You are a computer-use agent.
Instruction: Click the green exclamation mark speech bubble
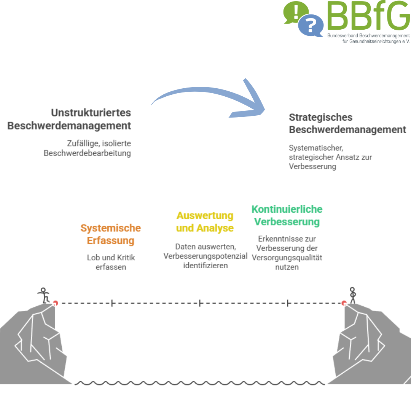tap(295, 12)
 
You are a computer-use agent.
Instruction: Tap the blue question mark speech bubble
tap(311, 25)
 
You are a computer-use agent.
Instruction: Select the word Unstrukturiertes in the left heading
tap(91, 113)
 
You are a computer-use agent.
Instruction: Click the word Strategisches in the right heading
tap(320, 118)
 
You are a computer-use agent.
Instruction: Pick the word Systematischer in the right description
tap(316, 148)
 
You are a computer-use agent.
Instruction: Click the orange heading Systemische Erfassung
tap(111, 234)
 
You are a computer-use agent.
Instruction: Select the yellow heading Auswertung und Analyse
tap(205, 222)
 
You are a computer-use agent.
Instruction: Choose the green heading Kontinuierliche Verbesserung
tap(287, 215)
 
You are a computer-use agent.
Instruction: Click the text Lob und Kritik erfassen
tap(111, 262)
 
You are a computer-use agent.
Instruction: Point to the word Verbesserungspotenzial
tap(205, 256)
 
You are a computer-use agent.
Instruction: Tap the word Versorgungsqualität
tap(287, 258)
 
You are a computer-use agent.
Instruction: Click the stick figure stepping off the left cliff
tap(43, 295)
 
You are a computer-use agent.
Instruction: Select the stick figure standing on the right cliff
tap(352, 295)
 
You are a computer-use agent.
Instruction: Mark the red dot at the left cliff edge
tap(55, 303)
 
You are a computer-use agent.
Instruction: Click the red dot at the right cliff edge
tap(344, 303)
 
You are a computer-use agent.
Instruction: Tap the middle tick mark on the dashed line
tap(200, 303)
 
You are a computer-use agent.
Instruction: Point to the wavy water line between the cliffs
tap(200, 383)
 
